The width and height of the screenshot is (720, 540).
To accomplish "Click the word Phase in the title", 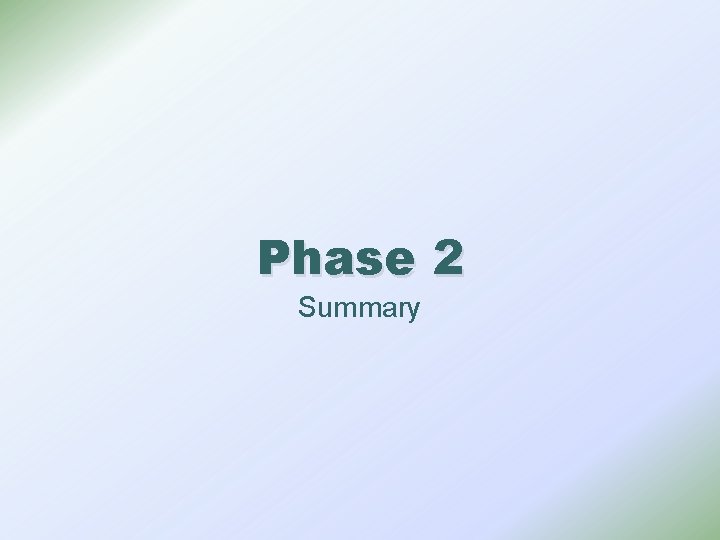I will (335, 258).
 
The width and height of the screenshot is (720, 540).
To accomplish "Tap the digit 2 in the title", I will (448, 258).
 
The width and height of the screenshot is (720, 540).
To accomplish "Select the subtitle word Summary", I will (358, 308).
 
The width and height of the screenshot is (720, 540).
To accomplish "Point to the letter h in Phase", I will (307, 258).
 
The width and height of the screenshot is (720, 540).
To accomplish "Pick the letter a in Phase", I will (337, 262).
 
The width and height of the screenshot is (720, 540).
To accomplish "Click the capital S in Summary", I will (306, 307).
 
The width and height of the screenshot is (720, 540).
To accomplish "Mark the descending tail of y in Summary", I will (410, 319).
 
